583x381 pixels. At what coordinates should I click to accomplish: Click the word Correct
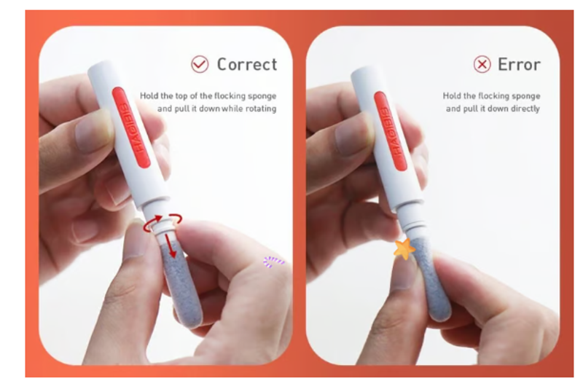tap(247, 64)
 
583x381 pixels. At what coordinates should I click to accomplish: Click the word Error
tap(519, 65)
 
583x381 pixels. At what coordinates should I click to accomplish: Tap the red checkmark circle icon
tap(200, 64)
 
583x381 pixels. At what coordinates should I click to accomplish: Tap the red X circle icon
tap(482, 65)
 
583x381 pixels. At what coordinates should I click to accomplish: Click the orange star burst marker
tap(404, 249)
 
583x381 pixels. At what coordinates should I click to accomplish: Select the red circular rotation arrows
tap(163, 222)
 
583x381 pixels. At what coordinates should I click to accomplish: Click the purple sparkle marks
tap(273, 262)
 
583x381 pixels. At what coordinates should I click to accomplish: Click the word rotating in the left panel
tap(261, 109)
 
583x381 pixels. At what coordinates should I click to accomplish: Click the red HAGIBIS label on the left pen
tap(131, 127)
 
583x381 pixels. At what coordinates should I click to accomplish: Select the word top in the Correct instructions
tap(181, 96)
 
